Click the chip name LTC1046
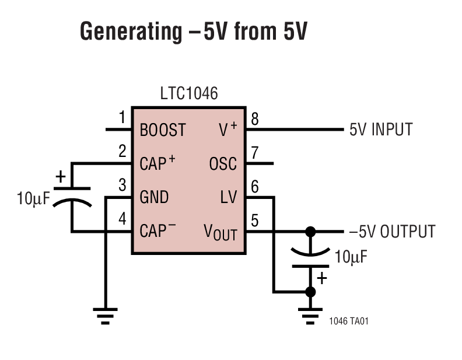tap(188, 93)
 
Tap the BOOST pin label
tap(163, 130)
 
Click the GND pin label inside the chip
tap(154, 197)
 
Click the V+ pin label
tap(226, 130)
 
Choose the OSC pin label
tap(223, 164)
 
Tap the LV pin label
tap(228, 197)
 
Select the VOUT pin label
tap(220, 232)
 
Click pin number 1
tap(122, 119)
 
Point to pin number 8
tap(254, 119)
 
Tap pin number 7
tap(254, 153)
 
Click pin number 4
tap(122, 219)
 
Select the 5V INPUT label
tap(381, 130)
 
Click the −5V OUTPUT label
tap(392, 231)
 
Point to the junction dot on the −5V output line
tap(310, 231)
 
